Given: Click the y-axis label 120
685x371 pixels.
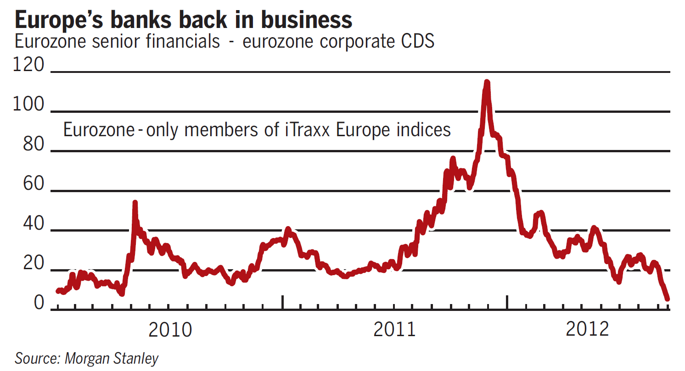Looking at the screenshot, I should tap(29, 65).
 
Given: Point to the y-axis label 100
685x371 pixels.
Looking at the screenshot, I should tap(29, 105).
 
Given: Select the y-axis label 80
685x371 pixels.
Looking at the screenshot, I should tap(33, 144).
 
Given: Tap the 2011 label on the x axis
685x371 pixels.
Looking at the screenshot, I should tap(394, 329).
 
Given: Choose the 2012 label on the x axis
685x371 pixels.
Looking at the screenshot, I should tap(588, 329).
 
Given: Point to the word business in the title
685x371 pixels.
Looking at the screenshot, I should tap(303, 20).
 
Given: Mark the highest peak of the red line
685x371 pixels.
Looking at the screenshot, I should tap(487, 83).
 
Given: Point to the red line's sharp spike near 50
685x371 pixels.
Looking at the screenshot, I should tap(135, 203).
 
